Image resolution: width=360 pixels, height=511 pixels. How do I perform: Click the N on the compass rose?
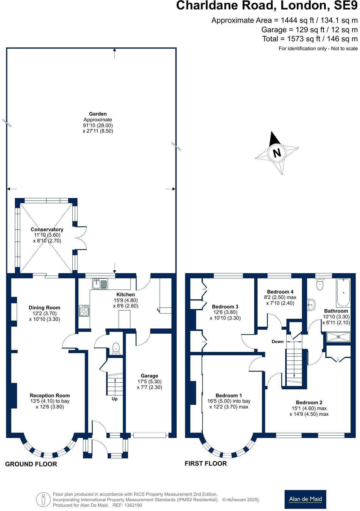(277, 153)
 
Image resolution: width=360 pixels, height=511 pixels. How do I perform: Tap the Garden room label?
(98, 114)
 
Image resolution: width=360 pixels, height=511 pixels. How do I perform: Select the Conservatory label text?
(47, 229)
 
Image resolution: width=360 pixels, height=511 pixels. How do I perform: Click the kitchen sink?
(100, 284)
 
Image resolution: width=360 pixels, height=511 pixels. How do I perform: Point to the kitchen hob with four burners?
(84, 311)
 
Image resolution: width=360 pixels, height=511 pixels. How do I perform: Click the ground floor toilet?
(116, 349)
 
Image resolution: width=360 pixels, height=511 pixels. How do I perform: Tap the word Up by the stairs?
(114, 399)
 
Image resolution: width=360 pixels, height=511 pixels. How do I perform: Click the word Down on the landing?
(277, 342)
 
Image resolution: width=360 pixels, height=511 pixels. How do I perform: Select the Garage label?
(149, 376)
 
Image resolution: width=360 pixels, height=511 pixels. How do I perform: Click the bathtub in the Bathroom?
(343, 292)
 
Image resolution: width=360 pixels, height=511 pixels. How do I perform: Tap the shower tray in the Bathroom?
(338, 337)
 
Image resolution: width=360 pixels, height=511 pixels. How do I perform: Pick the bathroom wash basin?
(311, 304)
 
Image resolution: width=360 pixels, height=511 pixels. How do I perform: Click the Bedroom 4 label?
(280, 292)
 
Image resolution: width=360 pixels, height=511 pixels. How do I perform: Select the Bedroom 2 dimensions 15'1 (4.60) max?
(309, 408)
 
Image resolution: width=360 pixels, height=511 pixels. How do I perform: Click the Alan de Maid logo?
(305, 499)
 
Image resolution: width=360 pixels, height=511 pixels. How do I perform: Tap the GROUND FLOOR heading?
(31, 464)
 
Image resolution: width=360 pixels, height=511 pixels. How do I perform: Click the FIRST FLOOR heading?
(206, 464)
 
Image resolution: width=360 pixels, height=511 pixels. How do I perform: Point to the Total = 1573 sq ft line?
(310, 39)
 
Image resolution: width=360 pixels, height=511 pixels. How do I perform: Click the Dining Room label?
(44, 308)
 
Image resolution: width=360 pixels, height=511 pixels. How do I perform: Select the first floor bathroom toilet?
(320, 285)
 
